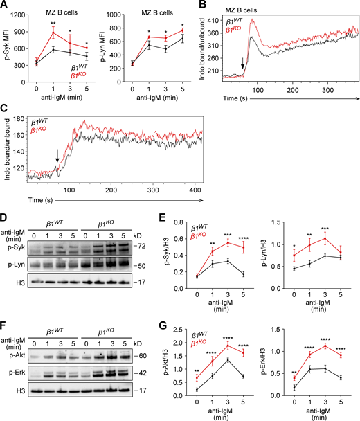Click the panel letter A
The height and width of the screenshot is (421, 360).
pyautogui.click(x=6, y=6)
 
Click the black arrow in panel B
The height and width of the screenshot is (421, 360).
pyautogui.click(x=242, y=66)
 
